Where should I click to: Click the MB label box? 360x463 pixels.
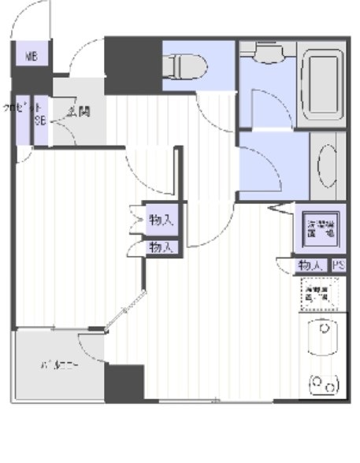31,56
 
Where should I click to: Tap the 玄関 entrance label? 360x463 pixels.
78,111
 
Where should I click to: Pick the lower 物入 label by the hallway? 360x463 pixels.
161,247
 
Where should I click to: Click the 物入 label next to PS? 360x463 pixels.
310,267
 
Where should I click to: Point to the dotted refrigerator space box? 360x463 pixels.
321,295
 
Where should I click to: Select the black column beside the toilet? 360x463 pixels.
134,65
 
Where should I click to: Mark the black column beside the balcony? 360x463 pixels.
124,383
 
